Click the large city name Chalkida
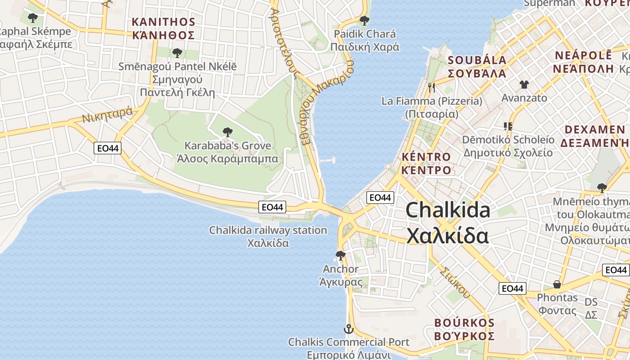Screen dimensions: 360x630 point(448,210)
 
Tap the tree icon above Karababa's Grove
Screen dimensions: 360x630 point(228,132)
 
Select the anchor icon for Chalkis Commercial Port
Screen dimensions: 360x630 point(349,329)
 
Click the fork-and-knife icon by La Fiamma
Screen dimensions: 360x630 point(432,88)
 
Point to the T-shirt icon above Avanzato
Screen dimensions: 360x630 point(524,84)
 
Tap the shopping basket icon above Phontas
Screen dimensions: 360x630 point(557,284)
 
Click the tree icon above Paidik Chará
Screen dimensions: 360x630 point(364,20)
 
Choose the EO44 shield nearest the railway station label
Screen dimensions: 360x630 point(273,207)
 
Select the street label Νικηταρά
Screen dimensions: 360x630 point(107,115)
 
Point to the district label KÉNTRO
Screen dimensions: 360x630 point(426,157)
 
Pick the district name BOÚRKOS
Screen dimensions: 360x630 point(464,323)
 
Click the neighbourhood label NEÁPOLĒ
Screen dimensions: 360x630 point(583,56)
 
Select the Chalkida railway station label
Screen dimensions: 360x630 point(268,230)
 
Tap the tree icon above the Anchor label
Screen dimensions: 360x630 point(341,256)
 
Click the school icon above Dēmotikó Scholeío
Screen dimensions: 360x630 point(508,126)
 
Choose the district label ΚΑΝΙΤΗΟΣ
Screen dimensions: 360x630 point(163,22)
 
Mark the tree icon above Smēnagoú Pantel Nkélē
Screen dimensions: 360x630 point(177,53)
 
